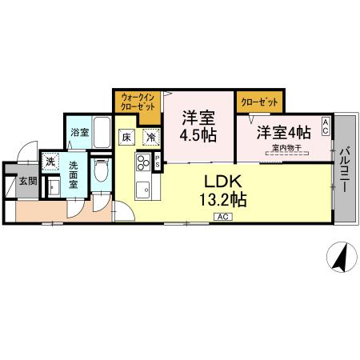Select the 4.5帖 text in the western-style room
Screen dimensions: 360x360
tap(197, 134)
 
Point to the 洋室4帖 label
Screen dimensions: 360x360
tap(282, 132)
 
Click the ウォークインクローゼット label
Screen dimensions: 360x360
tap(137, 102)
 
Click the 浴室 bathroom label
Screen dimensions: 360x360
tap(78, 132)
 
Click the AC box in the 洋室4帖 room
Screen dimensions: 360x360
tap(326, 125)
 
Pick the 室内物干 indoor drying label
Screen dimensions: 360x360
tap(285, 149)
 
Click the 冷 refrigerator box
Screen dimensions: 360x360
tap(150, 138)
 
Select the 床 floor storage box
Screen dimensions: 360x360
tap(127, 138)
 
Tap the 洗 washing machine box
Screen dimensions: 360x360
tap(49, 161)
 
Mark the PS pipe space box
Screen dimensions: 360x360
tap(158, 162)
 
